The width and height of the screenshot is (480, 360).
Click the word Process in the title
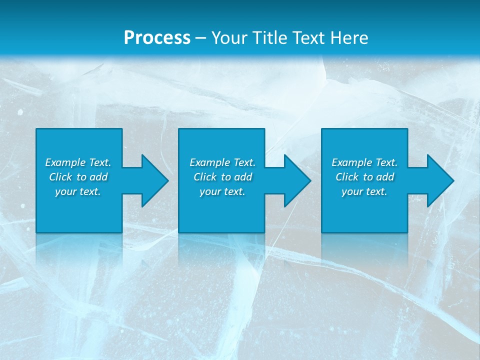[x=157, y=38]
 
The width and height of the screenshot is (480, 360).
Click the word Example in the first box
[x=65, y=162]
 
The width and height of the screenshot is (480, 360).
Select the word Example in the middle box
[x=209, y=162]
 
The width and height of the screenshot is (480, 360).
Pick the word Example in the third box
[x=351, y=162]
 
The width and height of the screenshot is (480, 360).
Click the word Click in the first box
[x=60, y=177]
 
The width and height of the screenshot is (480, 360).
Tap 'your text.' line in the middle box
[x=222, y=191]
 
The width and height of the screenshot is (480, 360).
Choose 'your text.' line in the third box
[x=364, y=191]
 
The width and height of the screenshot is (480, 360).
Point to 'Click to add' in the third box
[x=364, y=177]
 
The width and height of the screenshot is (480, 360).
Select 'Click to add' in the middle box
[x=222, y=177]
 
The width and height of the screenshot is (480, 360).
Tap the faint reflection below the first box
[x=79, y=250]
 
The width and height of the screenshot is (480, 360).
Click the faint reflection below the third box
[x=364, y=250]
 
